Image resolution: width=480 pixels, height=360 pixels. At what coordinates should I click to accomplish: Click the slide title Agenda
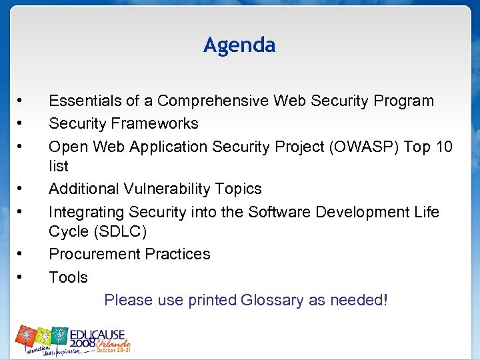[239, 45]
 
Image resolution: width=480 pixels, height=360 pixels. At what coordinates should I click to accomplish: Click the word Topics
[238, 189]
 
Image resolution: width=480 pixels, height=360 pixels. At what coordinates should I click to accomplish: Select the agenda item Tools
[68, 277]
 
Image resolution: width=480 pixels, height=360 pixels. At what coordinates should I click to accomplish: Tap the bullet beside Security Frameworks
[21, 123]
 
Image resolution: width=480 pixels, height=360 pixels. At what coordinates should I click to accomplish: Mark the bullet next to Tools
[21, 277]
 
